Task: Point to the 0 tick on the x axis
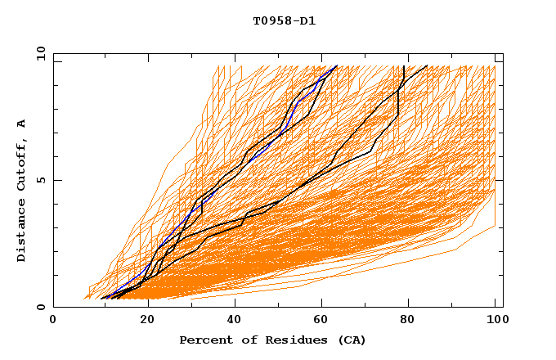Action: (x=53, y=320)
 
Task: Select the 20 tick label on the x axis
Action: (x=146, y=320)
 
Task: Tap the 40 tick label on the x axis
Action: (x=235, y=320)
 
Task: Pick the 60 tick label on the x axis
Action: (x=323, y=320)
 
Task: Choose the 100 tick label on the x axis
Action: (x=495, y=320)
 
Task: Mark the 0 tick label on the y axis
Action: (x=41, y=308)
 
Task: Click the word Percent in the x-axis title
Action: (x=204, y=340)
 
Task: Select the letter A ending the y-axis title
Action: (x=21, y=124)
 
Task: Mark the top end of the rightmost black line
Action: (x=426, y=65)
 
